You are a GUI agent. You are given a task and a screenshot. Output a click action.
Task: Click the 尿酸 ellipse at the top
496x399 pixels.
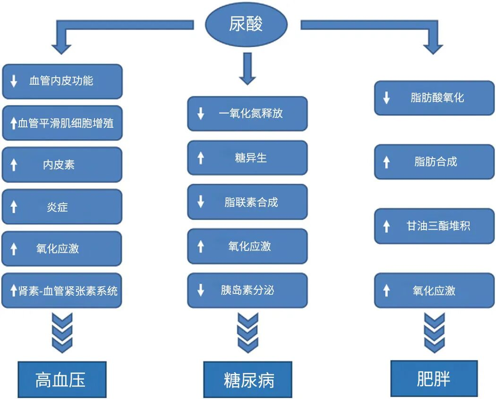(x=246, y=25)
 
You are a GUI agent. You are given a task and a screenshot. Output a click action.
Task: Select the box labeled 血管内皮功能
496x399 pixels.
(x=62, y=81)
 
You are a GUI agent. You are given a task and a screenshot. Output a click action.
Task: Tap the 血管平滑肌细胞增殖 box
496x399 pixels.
(x=62, y=123)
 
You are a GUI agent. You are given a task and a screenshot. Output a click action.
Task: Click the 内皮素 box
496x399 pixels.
(x=62, y=164)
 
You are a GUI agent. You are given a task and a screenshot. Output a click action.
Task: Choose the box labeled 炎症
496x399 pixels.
(x=62, y=206)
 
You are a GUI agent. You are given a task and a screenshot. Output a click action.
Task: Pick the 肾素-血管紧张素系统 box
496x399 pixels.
(x=62, y=291)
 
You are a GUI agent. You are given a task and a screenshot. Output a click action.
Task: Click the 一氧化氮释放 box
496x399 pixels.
(x=247, y=114)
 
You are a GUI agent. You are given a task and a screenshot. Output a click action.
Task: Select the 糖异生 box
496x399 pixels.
(x=247, y=158)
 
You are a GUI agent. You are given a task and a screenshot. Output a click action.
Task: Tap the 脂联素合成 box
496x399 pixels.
(x=247, y=202)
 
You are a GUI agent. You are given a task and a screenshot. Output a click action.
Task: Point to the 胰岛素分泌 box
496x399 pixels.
(x=247, y=290)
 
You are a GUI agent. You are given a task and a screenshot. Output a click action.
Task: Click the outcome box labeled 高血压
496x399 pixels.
(x=62, y=380)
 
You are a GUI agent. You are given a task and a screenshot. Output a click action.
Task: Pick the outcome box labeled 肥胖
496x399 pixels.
(x=434, y=379)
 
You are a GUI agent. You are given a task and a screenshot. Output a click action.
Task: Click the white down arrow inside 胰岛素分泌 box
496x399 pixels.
(x=200, y=291)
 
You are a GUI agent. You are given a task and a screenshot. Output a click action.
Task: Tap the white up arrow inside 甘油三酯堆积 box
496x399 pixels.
(x=387, y=227)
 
